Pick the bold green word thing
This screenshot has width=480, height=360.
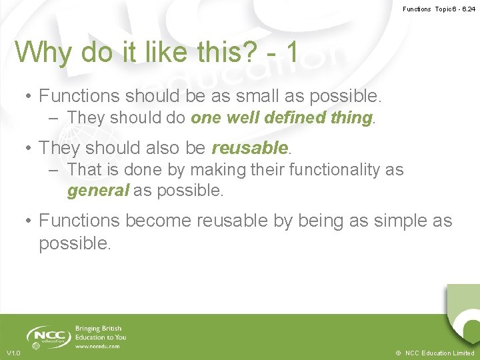coord(349,118)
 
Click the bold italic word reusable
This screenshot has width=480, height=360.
coord(250,147)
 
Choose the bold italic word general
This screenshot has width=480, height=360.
coord(97,191)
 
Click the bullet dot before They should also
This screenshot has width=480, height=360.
coord(29,147)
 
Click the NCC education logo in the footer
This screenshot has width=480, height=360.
coord(48,337)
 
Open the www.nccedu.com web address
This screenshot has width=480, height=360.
coord(97,347)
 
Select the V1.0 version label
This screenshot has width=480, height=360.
coord(13,353)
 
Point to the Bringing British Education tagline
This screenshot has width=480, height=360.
coord(100,333)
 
